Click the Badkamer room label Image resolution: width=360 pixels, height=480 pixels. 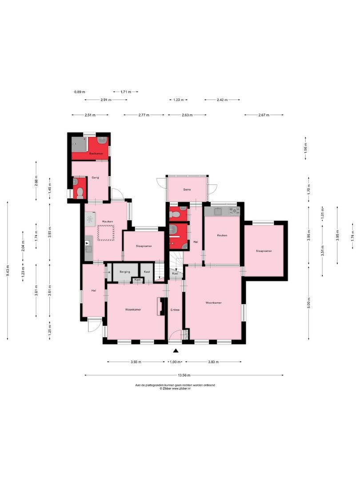pos(96,153)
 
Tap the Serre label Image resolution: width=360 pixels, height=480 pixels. pos(187,190)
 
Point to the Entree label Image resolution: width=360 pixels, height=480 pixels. pos(175,310)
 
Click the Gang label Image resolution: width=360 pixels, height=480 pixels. pos(95,177)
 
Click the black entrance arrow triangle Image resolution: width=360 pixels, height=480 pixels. pos(175,351)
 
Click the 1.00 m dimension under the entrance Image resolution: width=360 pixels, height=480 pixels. pos(175,362)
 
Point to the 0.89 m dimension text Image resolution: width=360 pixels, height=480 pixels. pos(79,92)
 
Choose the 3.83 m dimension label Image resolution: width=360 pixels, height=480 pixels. pos(213,362)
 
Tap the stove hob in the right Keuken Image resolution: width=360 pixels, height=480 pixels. pos(234,211)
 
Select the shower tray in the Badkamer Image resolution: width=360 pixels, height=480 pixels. pos(80,144)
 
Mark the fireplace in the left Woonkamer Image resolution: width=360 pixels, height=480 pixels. pos(159,307)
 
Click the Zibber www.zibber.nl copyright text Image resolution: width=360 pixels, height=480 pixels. pos(175,388)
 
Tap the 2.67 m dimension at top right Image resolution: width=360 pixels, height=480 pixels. pos(264,115)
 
